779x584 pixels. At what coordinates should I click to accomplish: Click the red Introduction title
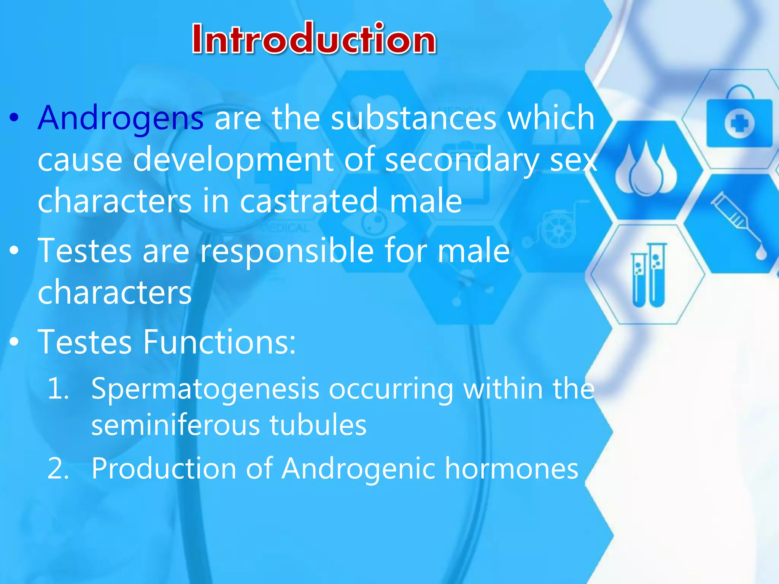pos(314,39)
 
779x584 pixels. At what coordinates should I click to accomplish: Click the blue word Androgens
pos(121,118)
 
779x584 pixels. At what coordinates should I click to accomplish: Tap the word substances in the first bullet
pos(413,118)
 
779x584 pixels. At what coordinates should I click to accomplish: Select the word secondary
pos(461,160)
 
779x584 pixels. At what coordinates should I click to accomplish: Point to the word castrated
pos(309,201)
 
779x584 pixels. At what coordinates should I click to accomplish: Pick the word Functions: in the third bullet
pos(219,342)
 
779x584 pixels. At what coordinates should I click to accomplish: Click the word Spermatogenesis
pos(205,389)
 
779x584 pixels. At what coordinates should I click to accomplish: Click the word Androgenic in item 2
pos(358,468)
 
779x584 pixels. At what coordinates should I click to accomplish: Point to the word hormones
pos(511,468)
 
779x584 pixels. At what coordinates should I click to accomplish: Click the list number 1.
pos(58,389)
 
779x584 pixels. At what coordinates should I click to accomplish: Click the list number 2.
pos(58,468)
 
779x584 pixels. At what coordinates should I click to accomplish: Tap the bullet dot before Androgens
pos(14,118)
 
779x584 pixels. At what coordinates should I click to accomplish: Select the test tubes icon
pos(649,275)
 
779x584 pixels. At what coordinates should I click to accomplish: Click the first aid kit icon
pos(739,119)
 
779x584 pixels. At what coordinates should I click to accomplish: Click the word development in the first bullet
pos(233,160)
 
